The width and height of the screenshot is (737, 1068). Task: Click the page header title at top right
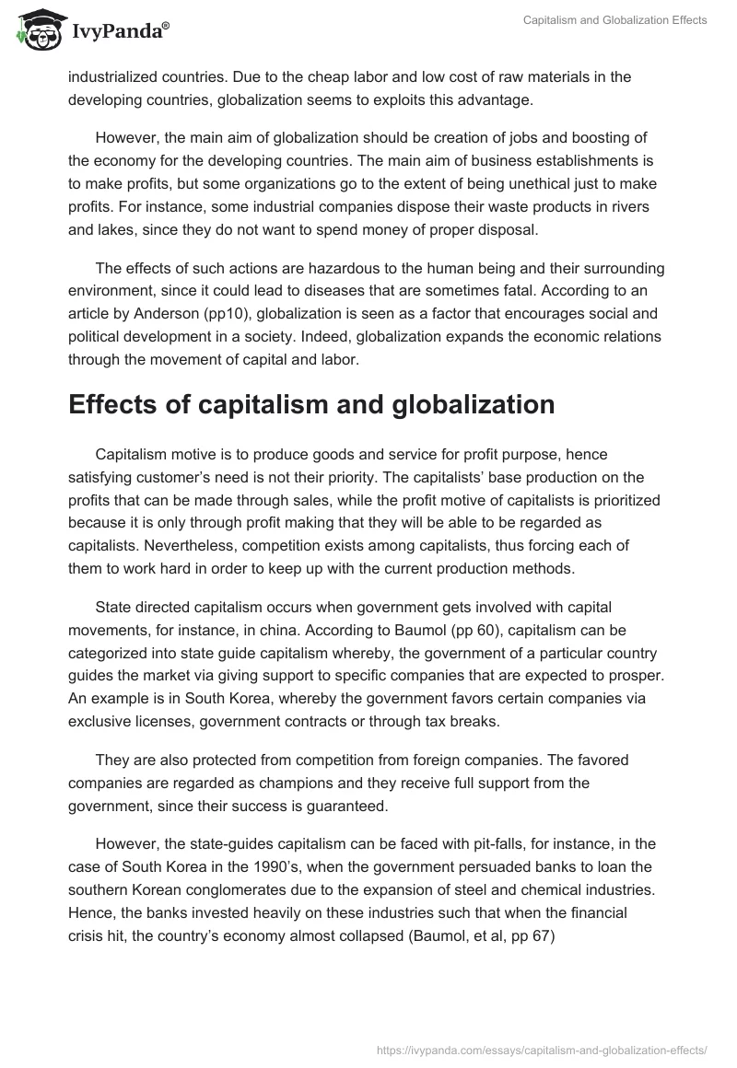click(x=615, y=19)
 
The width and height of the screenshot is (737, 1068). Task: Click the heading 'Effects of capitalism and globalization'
click(x=311, y=405)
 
